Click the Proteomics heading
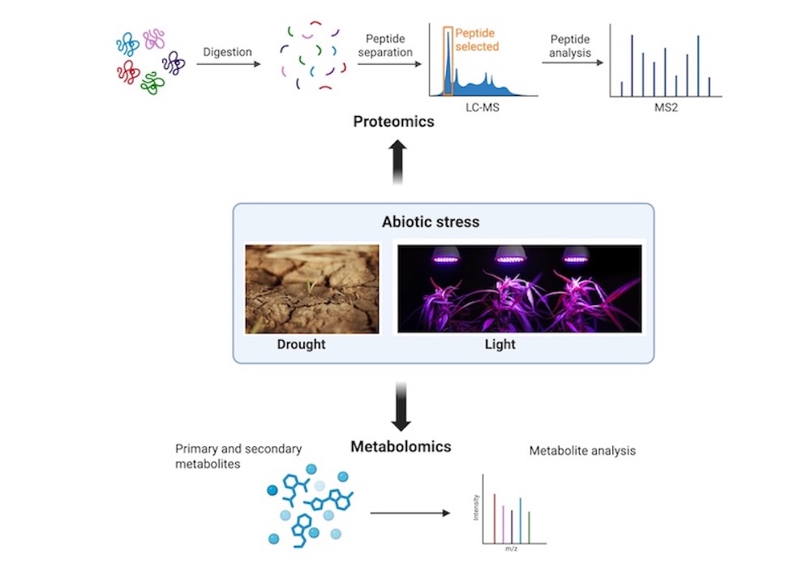pyautogui.click(x=393, y=122)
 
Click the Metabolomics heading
pyautogui.click(x=401, y=446)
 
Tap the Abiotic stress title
pyautogui.click(x=431, y=222)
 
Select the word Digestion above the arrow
pyautogui.click(x=227, y=52)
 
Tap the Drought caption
pyautogui.click(x=301, y=344)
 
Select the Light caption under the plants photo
pyautogui.click(x=500, y=344)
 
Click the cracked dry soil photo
pyautogui.click(x=312, y=289)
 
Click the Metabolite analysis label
pyautogui.click(x=582, y=450)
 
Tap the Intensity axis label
pyautogui.click(x=477, y=507)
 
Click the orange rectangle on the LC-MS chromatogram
pyautogui.click(x=448, y=61)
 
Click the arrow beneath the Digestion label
pyautogui.click(x=229, y=66)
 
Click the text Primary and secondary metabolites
pyautogui.click(x=226, y=456)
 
